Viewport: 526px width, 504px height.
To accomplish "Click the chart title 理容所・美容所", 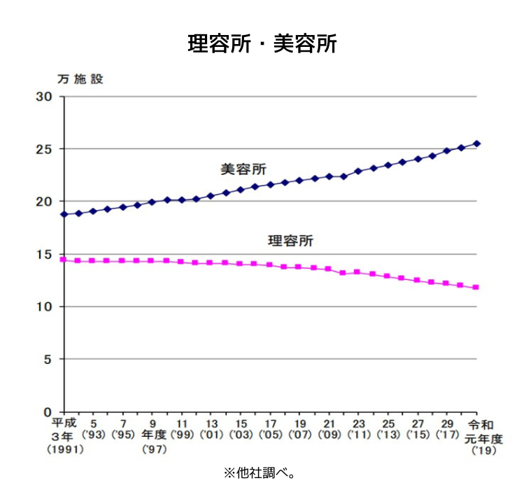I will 262,43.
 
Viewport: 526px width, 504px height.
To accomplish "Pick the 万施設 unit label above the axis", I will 80,79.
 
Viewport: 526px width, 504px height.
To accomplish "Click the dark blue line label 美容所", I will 243,169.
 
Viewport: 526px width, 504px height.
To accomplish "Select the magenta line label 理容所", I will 291,241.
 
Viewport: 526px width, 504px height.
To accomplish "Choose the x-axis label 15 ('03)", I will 241,429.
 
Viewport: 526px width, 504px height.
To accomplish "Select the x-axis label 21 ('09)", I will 329,429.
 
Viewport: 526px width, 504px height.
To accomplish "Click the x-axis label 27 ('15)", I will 417,429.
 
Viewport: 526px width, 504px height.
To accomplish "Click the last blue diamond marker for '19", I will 476,143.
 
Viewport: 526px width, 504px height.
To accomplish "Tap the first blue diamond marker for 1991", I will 64,214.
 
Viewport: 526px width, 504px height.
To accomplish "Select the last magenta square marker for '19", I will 476,287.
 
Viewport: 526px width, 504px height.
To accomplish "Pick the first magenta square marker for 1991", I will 64,260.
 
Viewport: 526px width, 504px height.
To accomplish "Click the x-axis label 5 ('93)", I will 94,429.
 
